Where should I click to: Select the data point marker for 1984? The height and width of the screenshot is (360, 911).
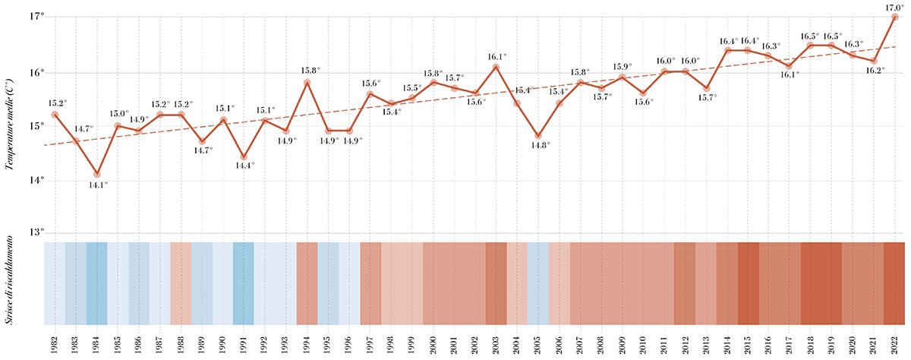(x=96, y=174)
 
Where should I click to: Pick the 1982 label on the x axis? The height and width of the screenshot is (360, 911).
(x=55, y=342)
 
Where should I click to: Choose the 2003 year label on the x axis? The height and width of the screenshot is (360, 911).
(x=495, y=342)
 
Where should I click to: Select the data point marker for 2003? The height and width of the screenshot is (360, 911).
(x=495, y=67)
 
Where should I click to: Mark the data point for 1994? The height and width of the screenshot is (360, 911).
(x=307, y=83)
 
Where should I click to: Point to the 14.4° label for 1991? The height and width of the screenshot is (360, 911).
(x=243, y=166)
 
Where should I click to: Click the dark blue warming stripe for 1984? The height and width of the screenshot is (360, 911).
(x=96, y=283)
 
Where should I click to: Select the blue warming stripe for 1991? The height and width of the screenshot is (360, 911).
(x=243, y=283)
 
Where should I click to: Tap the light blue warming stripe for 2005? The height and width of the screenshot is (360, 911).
(x=537, y=283)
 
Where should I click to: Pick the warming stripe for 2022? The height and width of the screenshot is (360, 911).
(x=894, y=283)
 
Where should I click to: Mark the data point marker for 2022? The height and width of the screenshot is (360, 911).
(x=894, y=17)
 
